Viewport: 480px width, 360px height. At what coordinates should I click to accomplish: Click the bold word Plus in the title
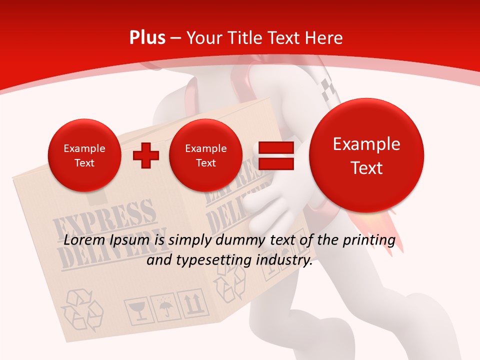point(147,38)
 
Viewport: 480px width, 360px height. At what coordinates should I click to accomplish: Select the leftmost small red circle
point(84,155)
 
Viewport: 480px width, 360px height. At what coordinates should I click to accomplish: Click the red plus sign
point(146,155)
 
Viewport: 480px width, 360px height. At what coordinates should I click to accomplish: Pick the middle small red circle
point(205,155)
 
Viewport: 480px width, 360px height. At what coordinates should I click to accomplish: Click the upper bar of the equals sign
point(275,147)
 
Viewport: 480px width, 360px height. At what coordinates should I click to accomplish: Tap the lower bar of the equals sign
point(275,163)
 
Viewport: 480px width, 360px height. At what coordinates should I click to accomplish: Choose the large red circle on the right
point(366,155)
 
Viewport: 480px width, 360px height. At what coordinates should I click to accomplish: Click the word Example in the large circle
point(366,144)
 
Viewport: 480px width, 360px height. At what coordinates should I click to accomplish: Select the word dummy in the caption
point(240,241)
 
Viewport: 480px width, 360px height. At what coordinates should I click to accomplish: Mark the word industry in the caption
point(285,260)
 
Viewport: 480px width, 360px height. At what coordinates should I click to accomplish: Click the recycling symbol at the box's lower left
point(81,309)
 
